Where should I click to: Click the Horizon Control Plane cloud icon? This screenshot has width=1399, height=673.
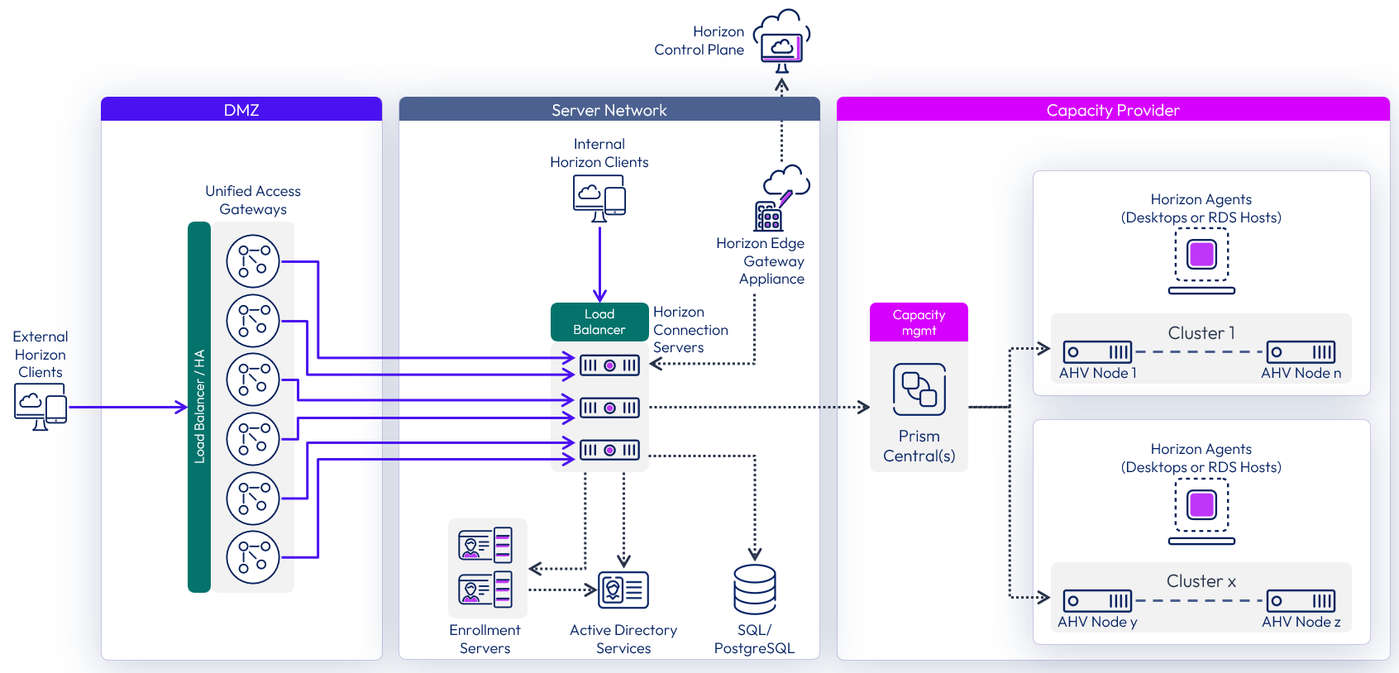[781, 41]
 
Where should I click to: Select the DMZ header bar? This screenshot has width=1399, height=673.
[241, 110]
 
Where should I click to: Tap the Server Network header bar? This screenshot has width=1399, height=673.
[609, 110]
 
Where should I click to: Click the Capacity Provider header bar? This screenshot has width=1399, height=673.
[1112, 110]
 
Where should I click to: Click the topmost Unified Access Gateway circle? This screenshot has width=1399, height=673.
[253, 261]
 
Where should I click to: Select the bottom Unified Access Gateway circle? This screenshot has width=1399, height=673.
[253, 557]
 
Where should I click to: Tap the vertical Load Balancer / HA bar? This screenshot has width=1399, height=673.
[199, 407]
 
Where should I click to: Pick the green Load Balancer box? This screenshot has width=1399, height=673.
[599, 322]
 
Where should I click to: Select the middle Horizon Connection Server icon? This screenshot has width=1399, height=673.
[609, 408]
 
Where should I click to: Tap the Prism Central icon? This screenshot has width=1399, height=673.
[919, 389]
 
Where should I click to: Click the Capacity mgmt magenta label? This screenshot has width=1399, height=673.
[919, 322]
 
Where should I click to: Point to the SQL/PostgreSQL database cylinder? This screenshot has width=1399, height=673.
[754, 589]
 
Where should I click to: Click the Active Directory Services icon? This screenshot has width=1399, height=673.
[623, 589]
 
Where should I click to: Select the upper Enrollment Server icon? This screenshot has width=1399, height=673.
[485, 546]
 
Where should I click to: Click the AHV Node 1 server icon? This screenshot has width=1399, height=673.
[1097, 352]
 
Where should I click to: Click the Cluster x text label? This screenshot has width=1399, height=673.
[1201, 581]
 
